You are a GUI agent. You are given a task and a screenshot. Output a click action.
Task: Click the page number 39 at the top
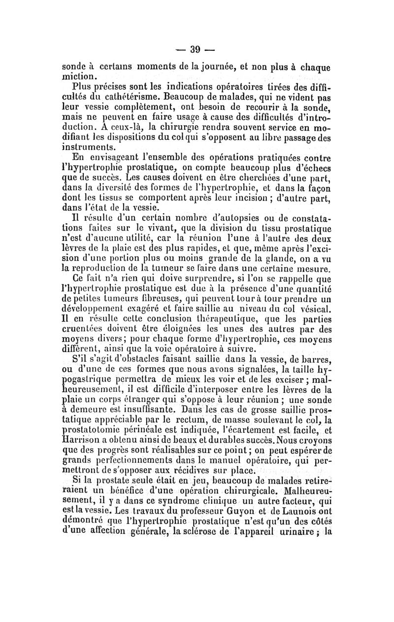196,49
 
